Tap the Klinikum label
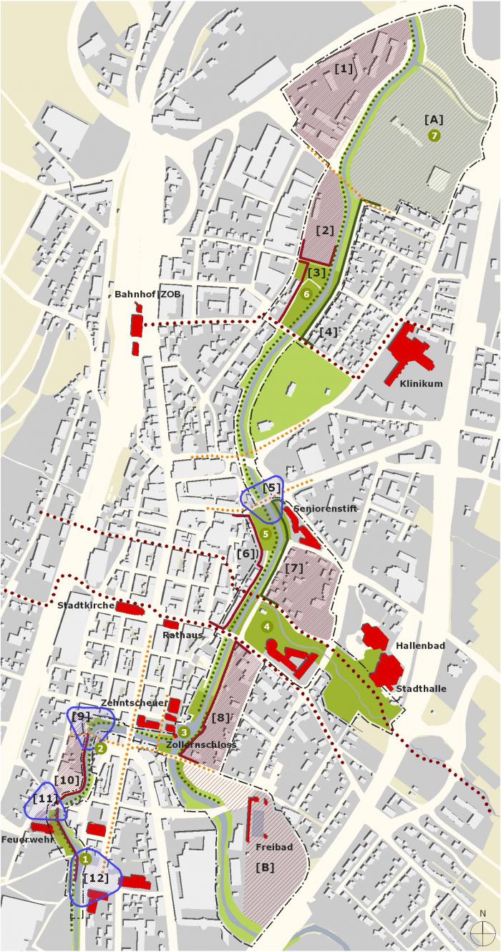coord(421,383)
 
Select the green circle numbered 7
coord(434,135)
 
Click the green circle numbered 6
coord(306,294)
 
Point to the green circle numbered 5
coord(266,534)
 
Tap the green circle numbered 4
coord(267,627)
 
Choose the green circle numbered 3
coord(184,731)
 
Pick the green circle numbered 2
coord(101,748)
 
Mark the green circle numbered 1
coord(86,858)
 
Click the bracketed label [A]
coord(434,120)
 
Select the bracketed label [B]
coord(265,866)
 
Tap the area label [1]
coord(344,69)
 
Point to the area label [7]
coord(295,568)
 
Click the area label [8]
coord(221,717)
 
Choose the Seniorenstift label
coord(325,509)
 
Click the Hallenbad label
coord(420,646)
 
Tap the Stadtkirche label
coord(86,605)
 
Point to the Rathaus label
coord(183,635)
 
